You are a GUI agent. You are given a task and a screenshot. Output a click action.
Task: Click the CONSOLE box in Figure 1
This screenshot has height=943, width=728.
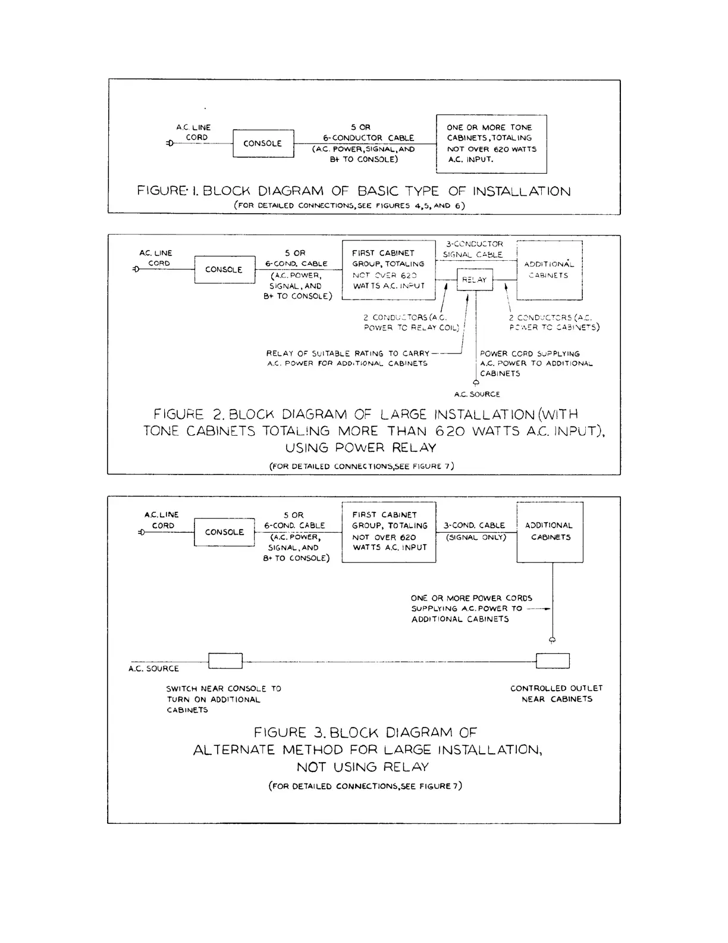263,143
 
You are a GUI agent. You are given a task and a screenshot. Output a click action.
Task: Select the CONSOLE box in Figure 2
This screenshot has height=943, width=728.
224,270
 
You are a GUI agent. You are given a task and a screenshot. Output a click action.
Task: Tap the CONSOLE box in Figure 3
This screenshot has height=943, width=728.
224,532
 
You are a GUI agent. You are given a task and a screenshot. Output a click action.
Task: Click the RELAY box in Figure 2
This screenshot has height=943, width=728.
475,280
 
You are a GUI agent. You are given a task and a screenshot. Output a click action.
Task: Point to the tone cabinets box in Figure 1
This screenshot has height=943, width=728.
491,143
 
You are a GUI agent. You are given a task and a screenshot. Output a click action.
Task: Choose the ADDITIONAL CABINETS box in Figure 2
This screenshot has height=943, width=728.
549,270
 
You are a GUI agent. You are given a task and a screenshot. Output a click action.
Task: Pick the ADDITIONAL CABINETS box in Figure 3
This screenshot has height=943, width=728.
550,532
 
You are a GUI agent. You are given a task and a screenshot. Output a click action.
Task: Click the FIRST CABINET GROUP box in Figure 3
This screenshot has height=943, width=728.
389,532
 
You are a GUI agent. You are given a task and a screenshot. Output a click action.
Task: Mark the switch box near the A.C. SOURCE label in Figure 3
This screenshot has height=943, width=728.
225,661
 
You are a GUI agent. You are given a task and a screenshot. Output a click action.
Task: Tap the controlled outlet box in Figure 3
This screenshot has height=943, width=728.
553,661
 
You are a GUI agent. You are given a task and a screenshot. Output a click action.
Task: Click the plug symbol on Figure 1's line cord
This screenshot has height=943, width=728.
170,143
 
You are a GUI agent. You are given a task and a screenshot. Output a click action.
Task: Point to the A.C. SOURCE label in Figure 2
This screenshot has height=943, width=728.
477,394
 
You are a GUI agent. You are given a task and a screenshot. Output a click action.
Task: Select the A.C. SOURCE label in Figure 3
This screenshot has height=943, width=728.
153,669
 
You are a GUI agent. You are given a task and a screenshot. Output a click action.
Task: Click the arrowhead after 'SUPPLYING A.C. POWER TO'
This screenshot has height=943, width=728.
546,609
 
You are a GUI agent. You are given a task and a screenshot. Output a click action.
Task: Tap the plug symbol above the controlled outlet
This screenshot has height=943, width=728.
552,640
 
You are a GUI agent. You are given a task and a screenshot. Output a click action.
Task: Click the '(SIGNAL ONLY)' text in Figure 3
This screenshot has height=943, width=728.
476,537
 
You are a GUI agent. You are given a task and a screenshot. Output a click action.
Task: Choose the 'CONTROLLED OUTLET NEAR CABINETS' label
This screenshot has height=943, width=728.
557,694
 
